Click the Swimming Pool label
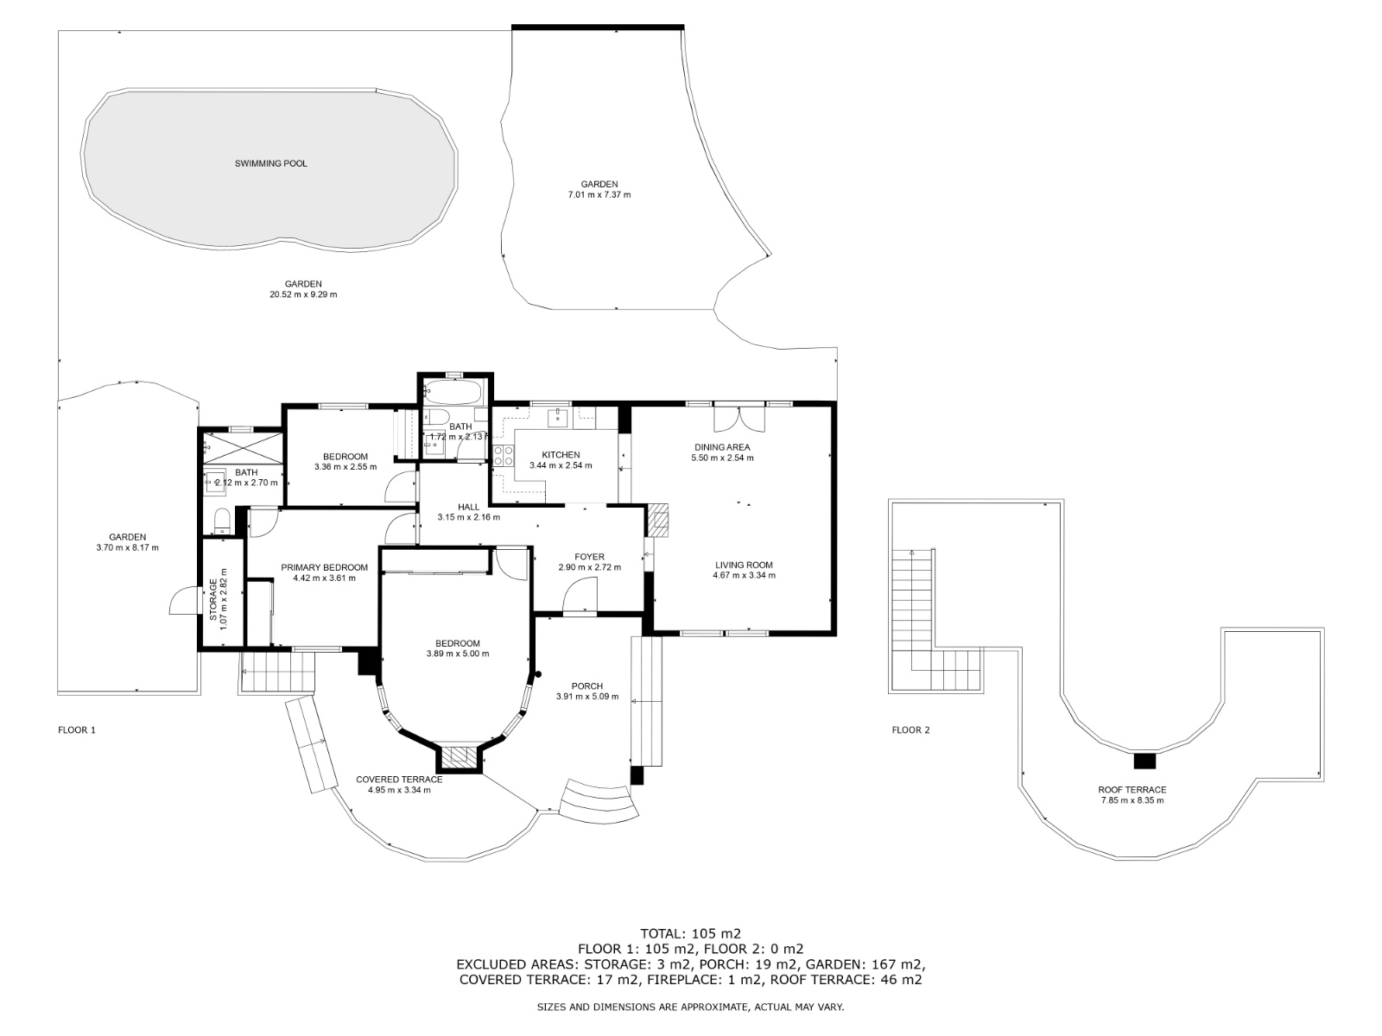tap(270, 163)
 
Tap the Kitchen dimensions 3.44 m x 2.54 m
tap(561, 466)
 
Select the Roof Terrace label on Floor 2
tap(1132, 790)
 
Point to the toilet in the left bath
tap(222, 521)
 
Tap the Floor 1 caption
tap(77, 730)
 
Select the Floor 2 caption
tap(910, 730)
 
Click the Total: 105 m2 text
tap(690, 933)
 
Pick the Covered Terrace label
tap(398, 780)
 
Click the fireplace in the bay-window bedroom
tap(460, 758)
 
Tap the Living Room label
tap(743, 565)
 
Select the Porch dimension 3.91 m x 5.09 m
tap(586, 697)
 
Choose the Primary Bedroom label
tap(324, 568)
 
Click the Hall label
tap(468, 507)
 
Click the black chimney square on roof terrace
tap(1144, 761)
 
